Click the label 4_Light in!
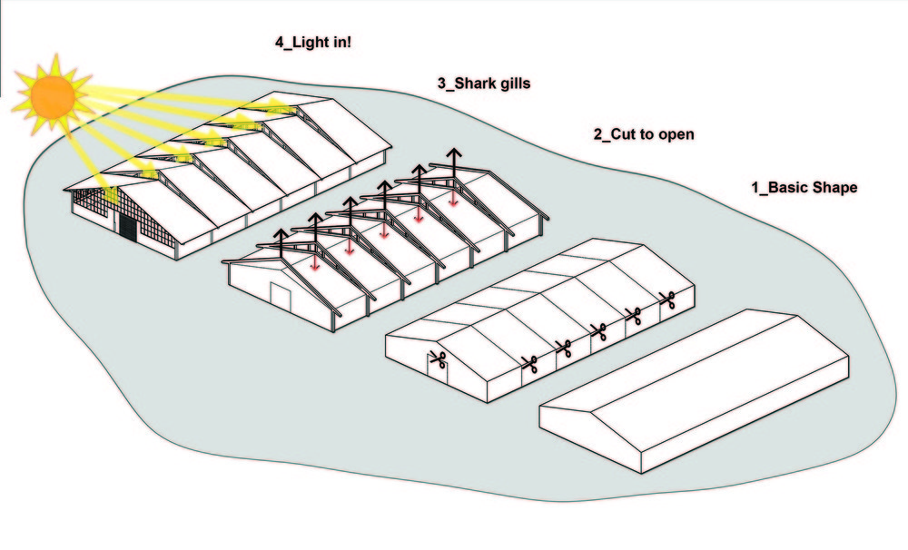point(313,43)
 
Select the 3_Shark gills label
point(483,83)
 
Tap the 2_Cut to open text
point(644,134)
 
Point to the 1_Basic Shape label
point(804,188)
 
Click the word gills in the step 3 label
point(509,83)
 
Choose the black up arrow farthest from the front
point(452,156)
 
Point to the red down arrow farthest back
point(452,198)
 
